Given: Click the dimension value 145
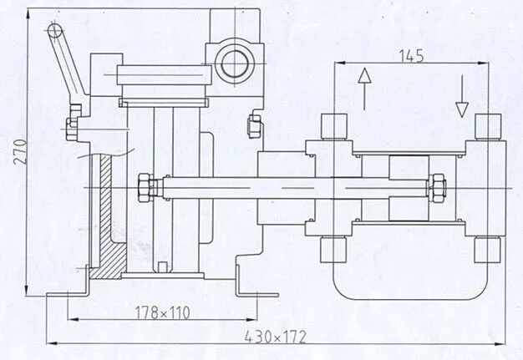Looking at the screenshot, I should coord(411,56).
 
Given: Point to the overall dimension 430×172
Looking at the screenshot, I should coord(275,337).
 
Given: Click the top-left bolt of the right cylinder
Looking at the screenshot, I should coord(333,126).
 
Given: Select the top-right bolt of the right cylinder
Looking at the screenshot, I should coord(488,125).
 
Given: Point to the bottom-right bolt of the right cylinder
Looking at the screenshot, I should coord(488,249).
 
